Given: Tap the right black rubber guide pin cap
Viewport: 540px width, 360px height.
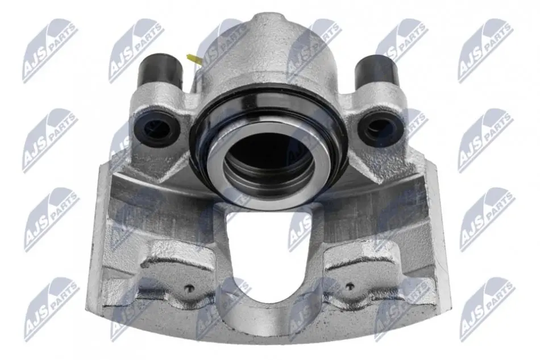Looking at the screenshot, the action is tap(376, 71).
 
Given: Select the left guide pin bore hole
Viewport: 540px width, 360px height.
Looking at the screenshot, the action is tap(157, 128).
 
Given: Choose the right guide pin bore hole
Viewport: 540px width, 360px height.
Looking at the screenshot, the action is tap(378, 130).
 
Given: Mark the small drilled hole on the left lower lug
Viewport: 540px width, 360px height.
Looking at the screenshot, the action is tap(189, 288).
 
